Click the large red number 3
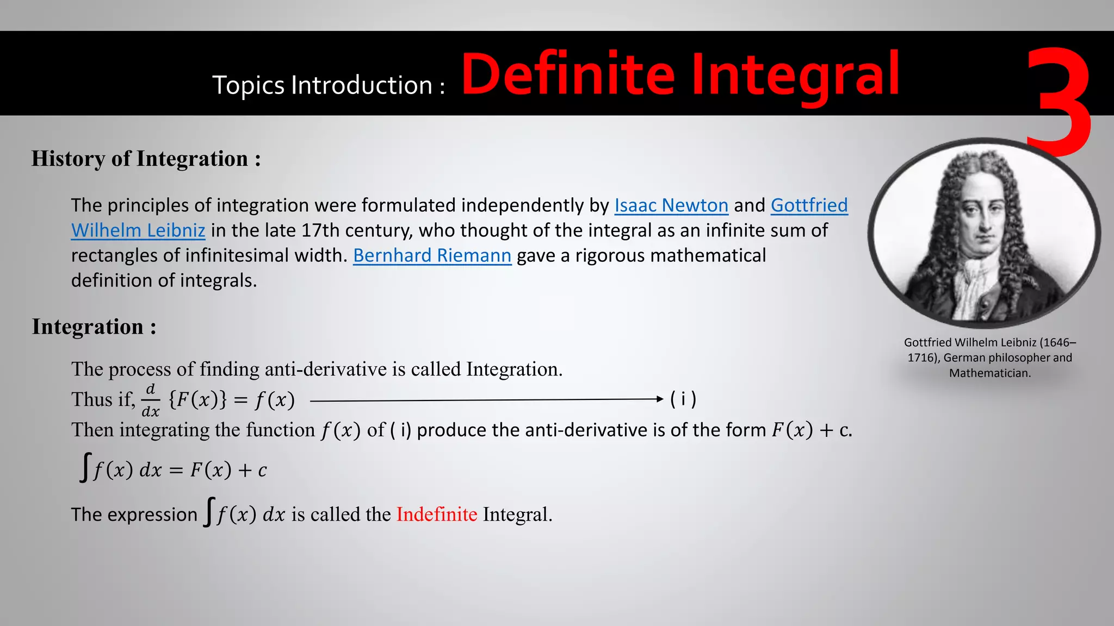[x=1061, y=101]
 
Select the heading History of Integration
[x=146, y=159]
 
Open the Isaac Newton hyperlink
[x=671, y=205]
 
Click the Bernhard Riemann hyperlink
[x=432, y=255]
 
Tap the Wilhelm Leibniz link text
[x=138, y=230]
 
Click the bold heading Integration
[x=94, y=327]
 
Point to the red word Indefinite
[x=436, y=514]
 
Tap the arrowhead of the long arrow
[x=660, y=399]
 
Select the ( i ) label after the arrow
[x=683, y=399]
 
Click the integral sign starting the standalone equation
[x=85, y=467]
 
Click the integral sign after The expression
[x=209, y=512]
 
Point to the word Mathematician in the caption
[x=990, y=373]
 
